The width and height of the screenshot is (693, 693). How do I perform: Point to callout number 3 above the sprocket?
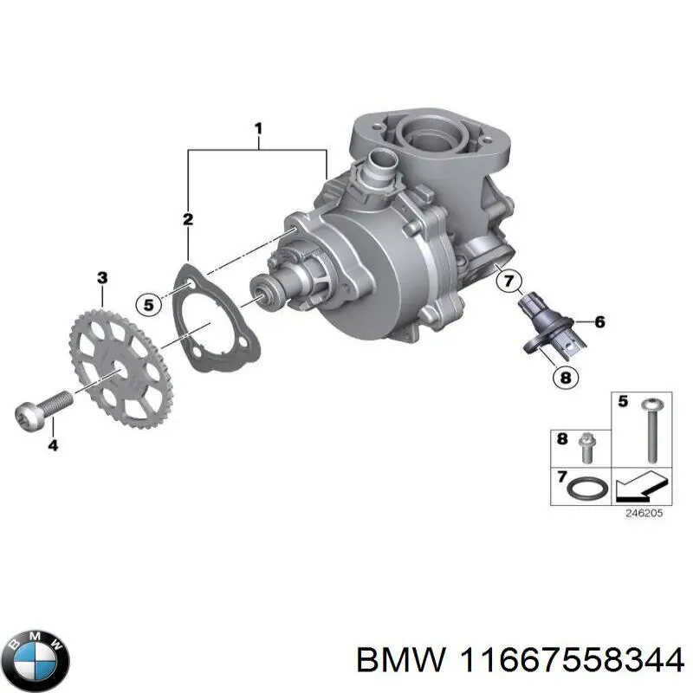click(x=102, y=278)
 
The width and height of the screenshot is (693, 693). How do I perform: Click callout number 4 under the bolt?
click(x=53, y=446)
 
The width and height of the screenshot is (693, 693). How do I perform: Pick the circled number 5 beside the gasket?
click(x=148, y=304)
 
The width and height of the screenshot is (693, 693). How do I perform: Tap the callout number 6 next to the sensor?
click(x=599, y=321)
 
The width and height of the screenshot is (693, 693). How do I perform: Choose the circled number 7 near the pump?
click(x=508, y=280)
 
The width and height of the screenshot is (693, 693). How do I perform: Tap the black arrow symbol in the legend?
click(x=637, y=491)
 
